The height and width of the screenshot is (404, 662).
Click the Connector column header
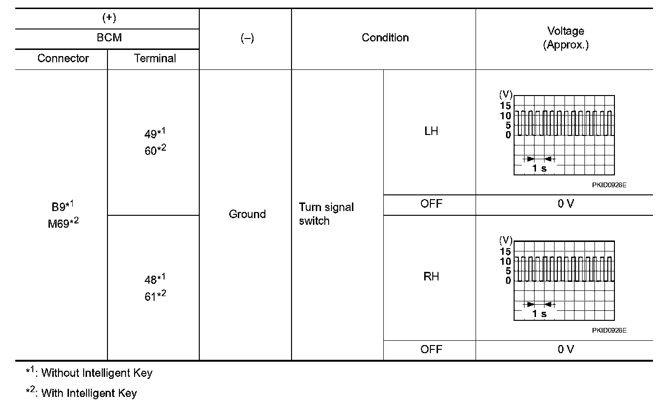coord(63,58)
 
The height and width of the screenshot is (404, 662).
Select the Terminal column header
coord(155,58)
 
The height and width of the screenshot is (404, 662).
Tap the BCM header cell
coord(109,38)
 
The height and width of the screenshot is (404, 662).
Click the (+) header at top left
coord(109,18)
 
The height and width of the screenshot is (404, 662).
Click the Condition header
coord(385,38)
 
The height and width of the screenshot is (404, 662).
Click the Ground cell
coord(247,214)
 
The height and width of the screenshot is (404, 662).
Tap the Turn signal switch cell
coord(326,214)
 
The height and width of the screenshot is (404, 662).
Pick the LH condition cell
coord(431,131)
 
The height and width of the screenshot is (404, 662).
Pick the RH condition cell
coord(431,277)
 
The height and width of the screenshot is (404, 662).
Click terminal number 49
coord(151,135)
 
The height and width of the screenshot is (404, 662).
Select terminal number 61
coord(151,297)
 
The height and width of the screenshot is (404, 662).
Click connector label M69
coord(58,224)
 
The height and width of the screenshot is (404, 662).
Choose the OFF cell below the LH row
coord(431,204)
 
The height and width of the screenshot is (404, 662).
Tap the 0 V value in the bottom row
coord(565,349)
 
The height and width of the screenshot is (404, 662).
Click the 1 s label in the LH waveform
coord(539,168)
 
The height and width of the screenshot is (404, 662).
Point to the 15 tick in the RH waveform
coord(505,251)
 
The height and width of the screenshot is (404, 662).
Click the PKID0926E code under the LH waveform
coord(609,185)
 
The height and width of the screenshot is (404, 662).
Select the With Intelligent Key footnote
coord(82,393)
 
